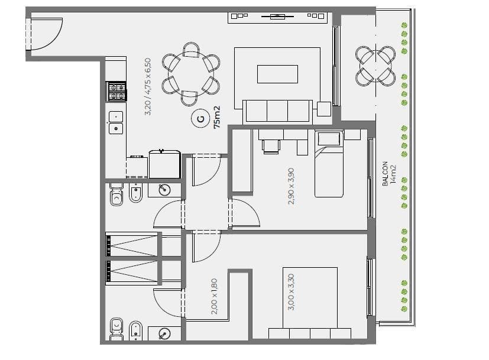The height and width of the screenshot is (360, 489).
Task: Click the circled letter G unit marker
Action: [x=200, y=118]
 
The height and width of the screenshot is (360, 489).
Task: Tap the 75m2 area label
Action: [x=217, y=117]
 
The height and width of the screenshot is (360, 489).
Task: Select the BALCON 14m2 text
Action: [x=390, y=174]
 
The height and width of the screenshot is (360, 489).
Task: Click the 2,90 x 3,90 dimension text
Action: [x=291, y=186]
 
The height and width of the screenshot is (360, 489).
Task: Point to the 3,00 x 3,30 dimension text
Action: [x=291, y=292]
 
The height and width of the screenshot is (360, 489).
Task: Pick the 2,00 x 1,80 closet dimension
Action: [x=214, y=296]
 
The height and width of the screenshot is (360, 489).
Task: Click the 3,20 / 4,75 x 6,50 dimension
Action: [x=148, y=87]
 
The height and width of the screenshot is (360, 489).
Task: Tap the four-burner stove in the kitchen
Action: [x=116, y=92]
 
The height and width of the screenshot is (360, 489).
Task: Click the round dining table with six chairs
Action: [x=191, y=74]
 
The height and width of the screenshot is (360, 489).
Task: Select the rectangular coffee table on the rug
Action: [x=277, y=74]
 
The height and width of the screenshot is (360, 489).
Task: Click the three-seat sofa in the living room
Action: [x=277, y=112]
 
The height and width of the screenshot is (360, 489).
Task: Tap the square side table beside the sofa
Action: [x=324, y=109]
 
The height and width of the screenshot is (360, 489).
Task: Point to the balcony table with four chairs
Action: [x=375, y=66]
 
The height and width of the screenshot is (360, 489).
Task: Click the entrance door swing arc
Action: [x=53, y=38]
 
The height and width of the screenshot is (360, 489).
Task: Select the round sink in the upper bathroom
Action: [x=164, y=190]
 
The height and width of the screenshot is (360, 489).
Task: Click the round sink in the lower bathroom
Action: [x=164, y=334]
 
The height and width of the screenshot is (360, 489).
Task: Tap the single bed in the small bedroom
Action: [x=329, y=164]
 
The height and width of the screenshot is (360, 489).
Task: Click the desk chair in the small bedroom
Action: [x=271, y=147]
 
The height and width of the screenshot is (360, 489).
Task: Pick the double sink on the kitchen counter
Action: [x=116, y=122]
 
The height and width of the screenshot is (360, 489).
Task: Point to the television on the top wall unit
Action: [x=277, y=16]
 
